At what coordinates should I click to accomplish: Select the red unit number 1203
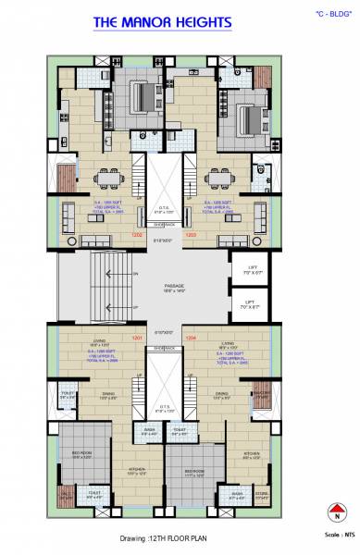pyautogui.click(x=191, y=235)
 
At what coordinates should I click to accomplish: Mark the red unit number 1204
pyautogui.click(x=191, y=339)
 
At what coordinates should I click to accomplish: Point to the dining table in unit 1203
pyautogui.click(x=221, y=178)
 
